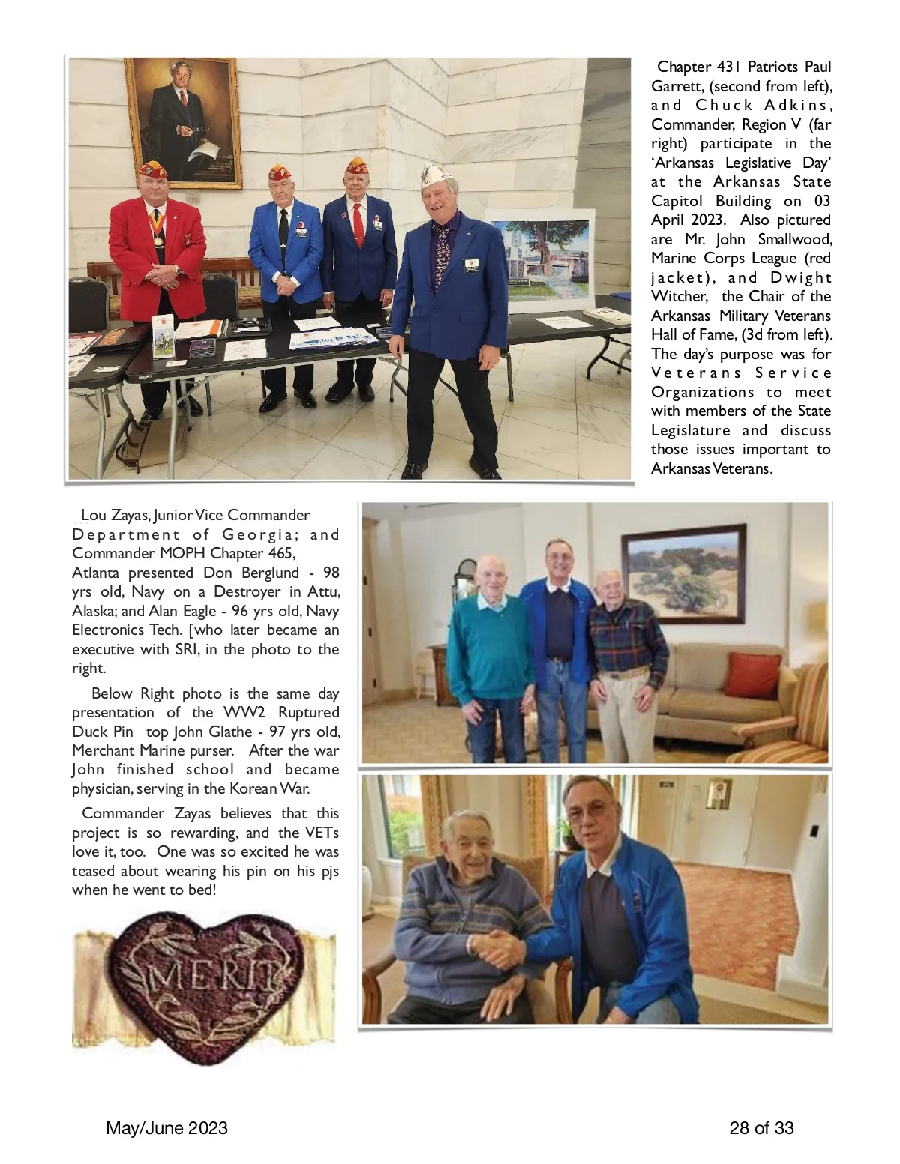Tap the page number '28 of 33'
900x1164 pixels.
click(761, 1128)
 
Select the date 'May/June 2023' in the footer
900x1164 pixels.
click(167, 1128)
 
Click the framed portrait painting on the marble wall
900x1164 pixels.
click(183, 121)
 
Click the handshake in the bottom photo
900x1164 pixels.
click(501, 949)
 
